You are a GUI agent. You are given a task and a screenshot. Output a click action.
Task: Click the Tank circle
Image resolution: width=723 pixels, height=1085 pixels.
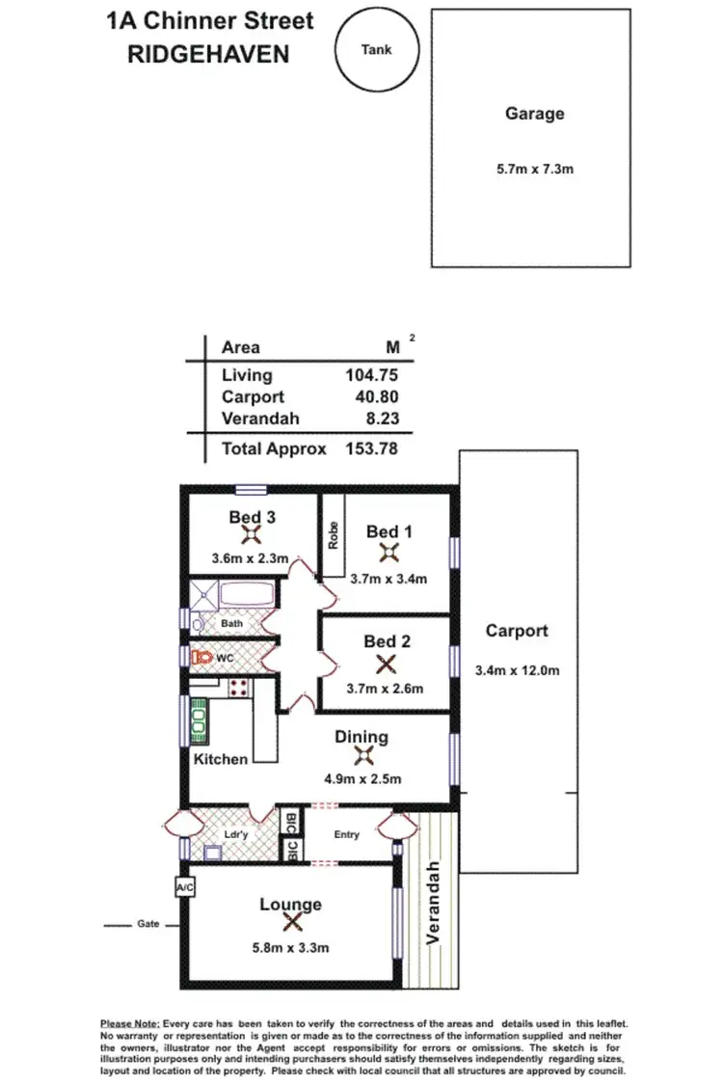tap(376, 51)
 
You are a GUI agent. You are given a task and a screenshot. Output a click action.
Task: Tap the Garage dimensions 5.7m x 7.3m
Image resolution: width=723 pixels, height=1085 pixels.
tap(534, 169)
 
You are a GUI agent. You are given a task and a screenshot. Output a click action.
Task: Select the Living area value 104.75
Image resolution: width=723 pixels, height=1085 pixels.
tap(371, 376)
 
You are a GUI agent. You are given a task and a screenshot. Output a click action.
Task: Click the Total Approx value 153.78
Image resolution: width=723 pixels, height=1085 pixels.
tap(371, 448)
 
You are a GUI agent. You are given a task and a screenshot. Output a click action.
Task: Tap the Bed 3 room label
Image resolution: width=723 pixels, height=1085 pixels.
tap(252, 517)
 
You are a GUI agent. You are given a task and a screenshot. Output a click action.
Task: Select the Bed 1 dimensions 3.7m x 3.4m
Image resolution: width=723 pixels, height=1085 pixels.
tap(389, 579)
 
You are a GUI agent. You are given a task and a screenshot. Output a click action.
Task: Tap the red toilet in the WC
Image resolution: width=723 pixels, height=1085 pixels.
tap(201, 657)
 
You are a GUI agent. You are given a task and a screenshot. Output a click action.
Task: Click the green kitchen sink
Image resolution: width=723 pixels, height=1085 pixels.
tap(198, 718)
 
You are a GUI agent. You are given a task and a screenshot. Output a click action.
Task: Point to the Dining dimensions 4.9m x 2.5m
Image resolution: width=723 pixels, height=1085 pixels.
tap(361, 779)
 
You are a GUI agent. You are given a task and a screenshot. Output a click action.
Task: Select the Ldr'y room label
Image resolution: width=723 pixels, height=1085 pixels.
tap(236, 834)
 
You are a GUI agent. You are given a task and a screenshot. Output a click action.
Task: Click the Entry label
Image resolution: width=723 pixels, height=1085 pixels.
tap(346, 834)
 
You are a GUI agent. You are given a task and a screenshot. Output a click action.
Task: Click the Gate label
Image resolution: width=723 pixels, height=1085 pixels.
tap(147, 924)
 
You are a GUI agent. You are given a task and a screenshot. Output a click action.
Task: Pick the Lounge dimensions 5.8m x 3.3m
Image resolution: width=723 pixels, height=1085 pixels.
tap(290, 948)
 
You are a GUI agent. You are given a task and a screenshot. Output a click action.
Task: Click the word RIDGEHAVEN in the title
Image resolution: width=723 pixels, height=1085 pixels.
tap(208, 54)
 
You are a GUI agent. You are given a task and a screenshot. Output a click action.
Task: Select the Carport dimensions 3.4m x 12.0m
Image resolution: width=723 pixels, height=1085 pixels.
tap(517, 670)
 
